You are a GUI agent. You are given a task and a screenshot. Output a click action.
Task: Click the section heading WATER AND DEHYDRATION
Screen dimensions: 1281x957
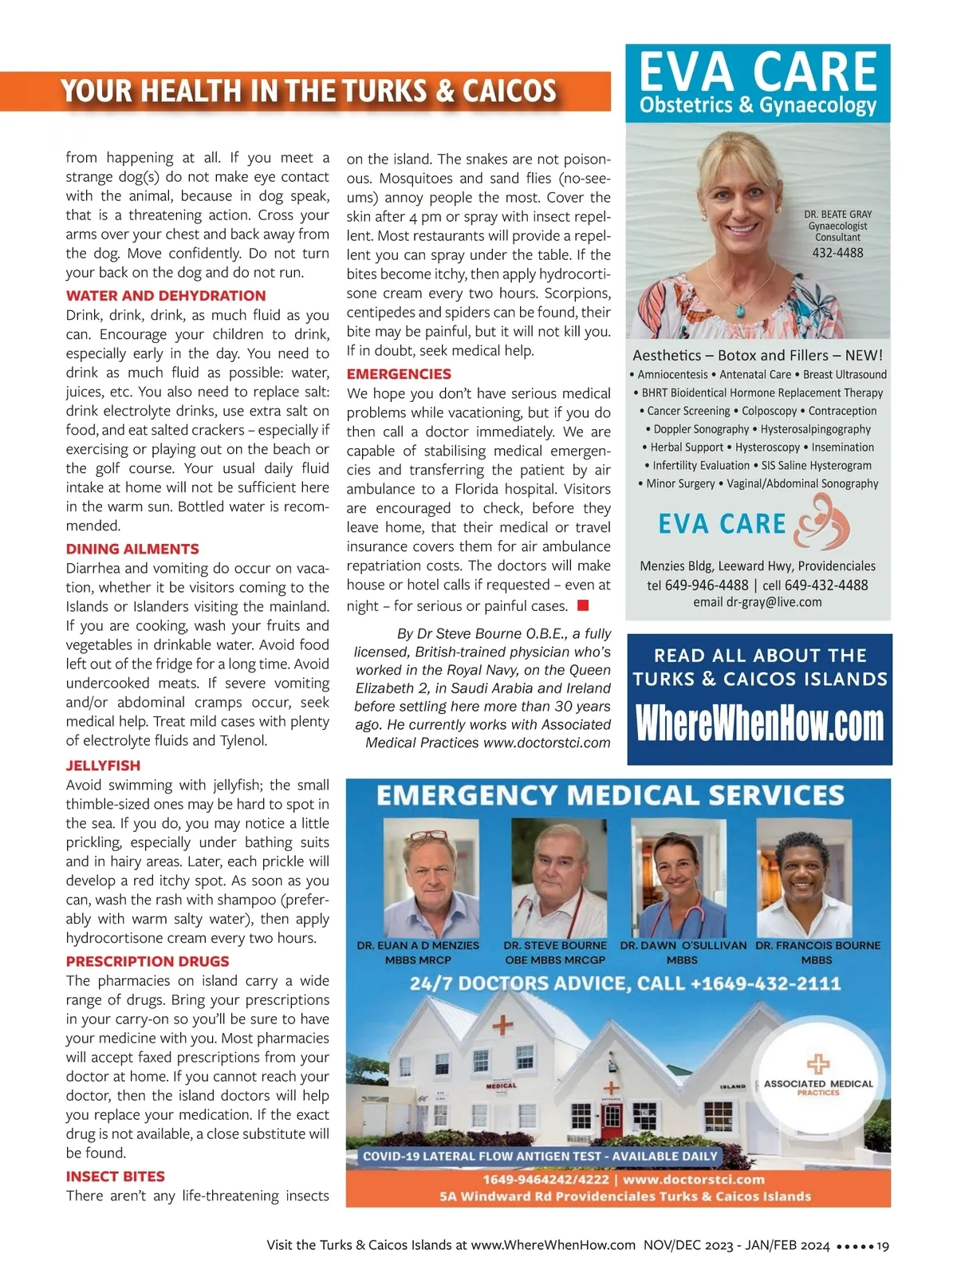pyautogui.click(x=166, y=296)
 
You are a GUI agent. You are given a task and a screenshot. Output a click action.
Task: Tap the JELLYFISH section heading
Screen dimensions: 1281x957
pyautogui.click(x=103, y=766)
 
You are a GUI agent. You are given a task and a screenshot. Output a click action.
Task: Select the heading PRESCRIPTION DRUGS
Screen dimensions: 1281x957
pyautogui.click(x=148, y=962)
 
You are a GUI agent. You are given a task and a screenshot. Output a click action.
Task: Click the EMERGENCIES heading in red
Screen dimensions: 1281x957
pyautogui.click(x=399, y=374)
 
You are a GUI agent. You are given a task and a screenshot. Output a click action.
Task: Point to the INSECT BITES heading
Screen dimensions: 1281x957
pyautogui.click(x=115, y=1177)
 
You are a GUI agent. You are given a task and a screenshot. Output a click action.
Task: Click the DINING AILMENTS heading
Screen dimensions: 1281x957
pyautogui.click(x=132, y=550)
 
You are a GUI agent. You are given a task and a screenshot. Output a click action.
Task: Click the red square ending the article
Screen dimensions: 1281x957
pyautogui.click(x=583, y=606)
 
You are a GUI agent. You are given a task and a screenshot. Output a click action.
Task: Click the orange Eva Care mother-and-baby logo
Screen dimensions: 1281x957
pyautogui.click(x=825, y=522)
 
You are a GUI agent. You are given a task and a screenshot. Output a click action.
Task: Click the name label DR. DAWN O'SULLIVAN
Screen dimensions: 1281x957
pyautogui.click(x=683, y=946)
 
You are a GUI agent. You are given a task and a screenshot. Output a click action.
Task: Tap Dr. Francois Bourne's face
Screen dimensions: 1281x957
pyautogui.click(x=802, y=866)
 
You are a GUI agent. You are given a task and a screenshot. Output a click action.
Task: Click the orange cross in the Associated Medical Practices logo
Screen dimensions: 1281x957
pyautogui.click(x=817, y=1063)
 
